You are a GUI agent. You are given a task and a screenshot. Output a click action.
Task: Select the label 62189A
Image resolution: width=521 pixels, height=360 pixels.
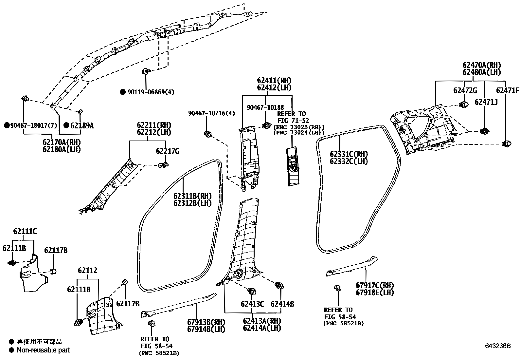[82, 125]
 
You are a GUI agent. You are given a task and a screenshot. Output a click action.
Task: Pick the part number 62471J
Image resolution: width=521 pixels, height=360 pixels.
[486, 102]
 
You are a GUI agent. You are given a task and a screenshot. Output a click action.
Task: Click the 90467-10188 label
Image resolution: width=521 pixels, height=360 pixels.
[265, 107]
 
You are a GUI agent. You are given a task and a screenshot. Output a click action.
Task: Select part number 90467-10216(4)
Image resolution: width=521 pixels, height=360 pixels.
[211, 113]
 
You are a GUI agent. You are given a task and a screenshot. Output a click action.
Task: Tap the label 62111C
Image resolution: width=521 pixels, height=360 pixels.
[25, 232]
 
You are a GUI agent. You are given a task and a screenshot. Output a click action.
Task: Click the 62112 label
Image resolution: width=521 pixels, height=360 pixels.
[87, 271]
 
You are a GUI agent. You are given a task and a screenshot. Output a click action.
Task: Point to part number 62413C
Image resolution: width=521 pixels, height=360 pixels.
[252, 304]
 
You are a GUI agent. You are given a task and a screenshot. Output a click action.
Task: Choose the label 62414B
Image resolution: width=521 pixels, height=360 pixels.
[282, 304]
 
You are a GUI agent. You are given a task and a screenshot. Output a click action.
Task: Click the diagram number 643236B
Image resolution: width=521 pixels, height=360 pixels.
[498, 346]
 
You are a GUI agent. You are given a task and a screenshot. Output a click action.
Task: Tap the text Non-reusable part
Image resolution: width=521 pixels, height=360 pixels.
[43, 350]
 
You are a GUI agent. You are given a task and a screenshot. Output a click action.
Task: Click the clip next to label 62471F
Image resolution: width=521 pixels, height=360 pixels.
[506, 143]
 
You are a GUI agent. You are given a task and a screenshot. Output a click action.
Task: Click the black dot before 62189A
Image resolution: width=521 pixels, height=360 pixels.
[66, 125]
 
